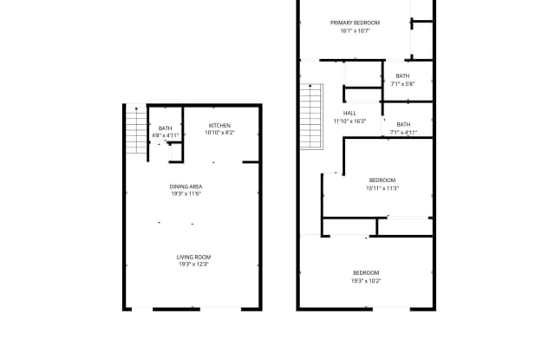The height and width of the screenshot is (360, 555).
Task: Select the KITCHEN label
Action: (x=219, y=126)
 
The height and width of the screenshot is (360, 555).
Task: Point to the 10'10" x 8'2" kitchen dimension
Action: (x=219, y=134)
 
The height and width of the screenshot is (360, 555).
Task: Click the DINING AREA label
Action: (x=186, y=187)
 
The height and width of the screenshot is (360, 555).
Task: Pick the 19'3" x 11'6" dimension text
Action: (x=186, y=194)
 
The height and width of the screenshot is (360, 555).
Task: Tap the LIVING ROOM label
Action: (x=193, y=257)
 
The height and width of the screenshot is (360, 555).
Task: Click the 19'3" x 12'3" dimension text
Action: (x=193, y=265)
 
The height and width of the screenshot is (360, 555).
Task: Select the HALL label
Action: (x=349, y=113)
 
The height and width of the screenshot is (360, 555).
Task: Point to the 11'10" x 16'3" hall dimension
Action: (x=349, y=121)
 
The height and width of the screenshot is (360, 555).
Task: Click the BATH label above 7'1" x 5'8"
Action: (x=403, y=75)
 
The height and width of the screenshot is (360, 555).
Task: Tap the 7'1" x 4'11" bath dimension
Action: (x=403, y=133)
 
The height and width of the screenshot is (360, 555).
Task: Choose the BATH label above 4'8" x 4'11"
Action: (x=165, y=128)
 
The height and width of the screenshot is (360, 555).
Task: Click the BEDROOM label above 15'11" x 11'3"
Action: (x=382, y=180)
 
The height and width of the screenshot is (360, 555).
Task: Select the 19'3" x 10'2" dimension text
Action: (x=366, y=281)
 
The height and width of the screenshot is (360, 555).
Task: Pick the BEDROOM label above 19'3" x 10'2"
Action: (x=366, y=273)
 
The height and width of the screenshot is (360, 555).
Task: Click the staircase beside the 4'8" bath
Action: (x=134, y=130)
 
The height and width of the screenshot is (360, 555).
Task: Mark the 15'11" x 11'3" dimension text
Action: (x=382, y=188)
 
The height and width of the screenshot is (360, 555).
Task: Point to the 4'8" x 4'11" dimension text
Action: (x=165, y=136)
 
